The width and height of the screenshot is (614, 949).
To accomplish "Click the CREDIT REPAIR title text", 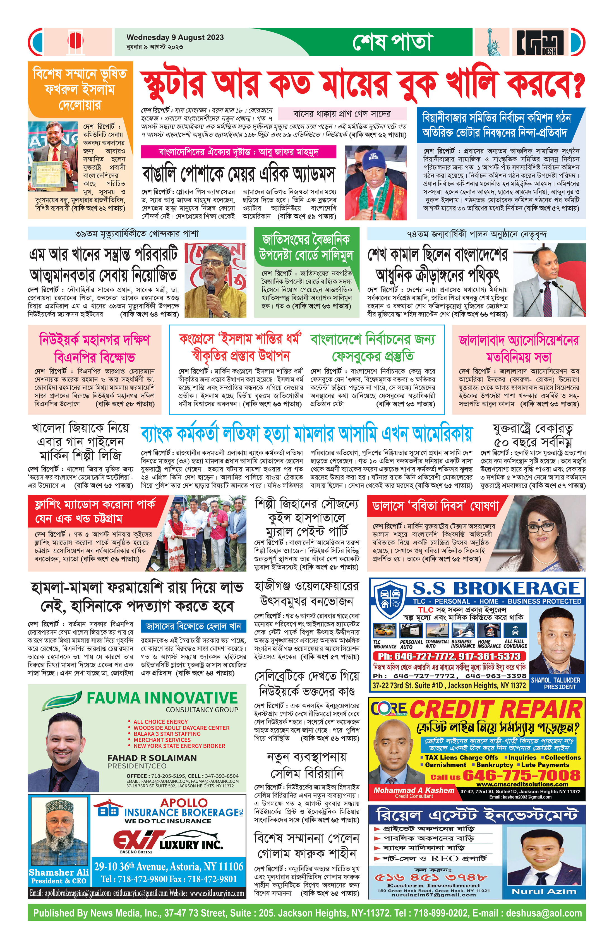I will (x=496, y=710).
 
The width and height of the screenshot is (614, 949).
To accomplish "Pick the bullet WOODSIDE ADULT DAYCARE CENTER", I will (x=181, y=728).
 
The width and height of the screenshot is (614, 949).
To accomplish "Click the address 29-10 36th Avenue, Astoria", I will (x=168, y=866).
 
